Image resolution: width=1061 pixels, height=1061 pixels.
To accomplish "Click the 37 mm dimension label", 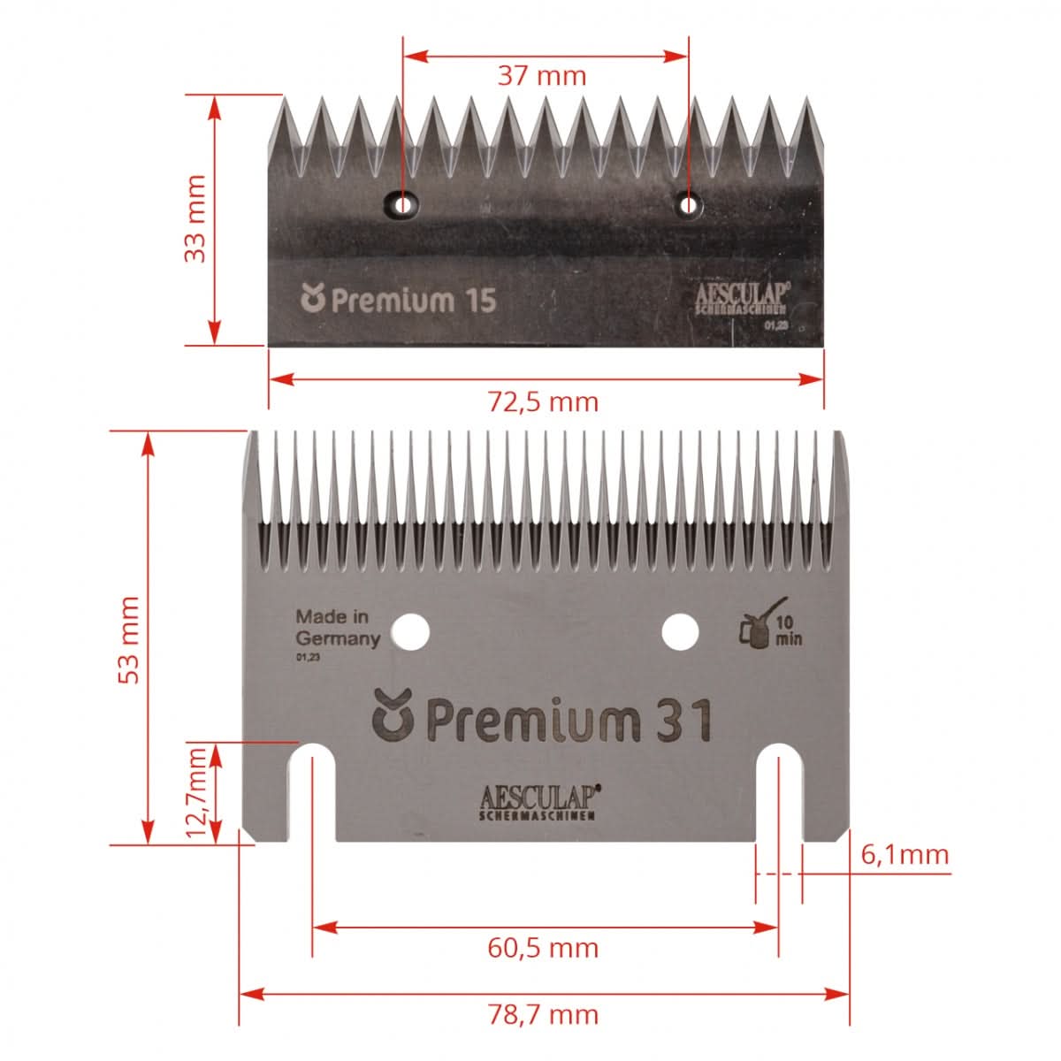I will click(x=542, y=75).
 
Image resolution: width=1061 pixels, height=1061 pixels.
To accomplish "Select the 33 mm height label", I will click(x=195, y=218).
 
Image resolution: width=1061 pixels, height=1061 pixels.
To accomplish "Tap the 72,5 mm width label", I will click(x=544, y=402).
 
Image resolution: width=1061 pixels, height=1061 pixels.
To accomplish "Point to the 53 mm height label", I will click(x=130, y=638).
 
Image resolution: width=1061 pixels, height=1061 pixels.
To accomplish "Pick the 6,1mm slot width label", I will click(x=904, y=854).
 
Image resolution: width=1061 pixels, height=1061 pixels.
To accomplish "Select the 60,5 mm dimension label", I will click(x=543, y=948).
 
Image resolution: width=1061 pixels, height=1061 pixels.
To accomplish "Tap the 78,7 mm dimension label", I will click(x=543, y=1013).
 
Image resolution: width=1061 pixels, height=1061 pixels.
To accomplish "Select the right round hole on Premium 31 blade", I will click(x=680, y=631).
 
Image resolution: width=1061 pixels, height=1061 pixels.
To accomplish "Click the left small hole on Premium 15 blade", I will click(x=404, y=205).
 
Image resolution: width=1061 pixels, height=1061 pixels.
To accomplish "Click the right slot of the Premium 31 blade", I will click(x=779, y=791).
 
